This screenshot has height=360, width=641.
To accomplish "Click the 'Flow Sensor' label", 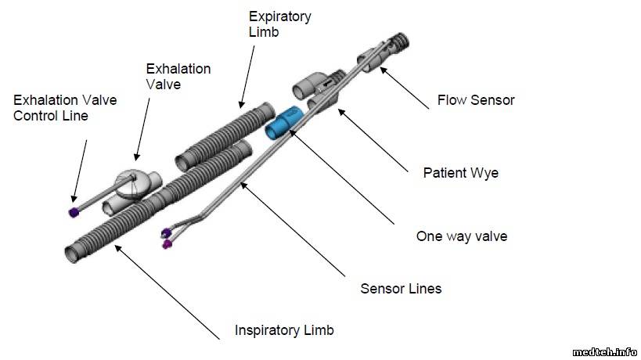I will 476,100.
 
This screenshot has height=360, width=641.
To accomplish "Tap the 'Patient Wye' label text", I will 460,173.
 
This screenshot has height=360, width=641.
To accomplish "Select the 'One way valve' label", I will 462,236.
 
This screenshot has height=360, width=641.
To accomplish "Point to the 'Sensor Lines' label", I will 401,289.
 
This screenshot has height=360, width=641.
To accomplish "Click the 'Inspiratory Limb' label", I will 284,329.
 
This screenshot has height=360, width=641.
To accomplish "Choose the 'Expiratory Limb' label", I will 279,24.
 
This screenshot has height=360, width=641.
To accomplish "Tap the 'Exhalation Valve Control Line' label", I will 62,108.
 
